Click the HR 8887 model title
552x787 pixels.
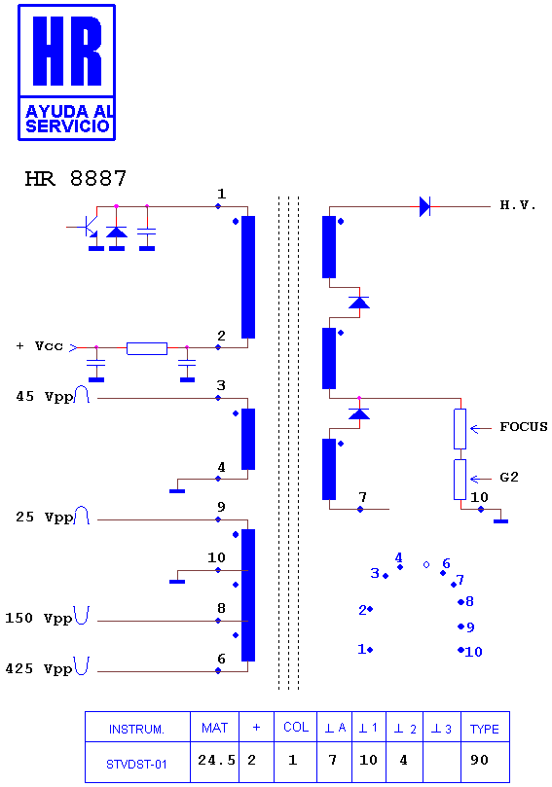[x=75, y=178]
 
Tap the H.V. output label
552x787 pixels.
[x=518, y=205]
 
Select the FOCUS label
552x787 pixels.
[x=524, y=427]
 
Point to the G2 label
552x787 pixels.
[x=509, y=477]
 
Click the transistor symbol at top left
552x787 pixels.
[x=87, y=228]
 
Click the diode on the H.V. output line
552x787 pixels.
[x=424, y=206]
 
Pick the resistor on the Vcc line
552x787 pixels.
[x=147, y=348]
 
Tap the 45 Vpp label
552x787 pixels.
[x=45, y=397]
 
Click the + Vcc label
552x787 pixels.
[x=40, y=345]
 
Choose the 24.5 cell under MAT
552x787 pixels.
[x=216, y=760]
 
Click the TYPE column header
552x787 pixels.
[x=484, y=729]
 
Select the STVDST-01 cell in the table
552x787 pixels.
[x=136, y=765]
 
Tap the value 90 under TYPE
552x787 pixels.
[x=479, y=760]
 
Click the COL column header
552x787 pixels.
[x=296, y=728]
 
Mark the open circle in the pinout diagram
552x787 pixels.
[x=426, y=564]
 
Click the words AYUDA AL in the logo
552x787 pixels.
[x=69, y=111]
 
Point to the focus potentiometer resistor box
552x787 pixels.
[x=460, y=429]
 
